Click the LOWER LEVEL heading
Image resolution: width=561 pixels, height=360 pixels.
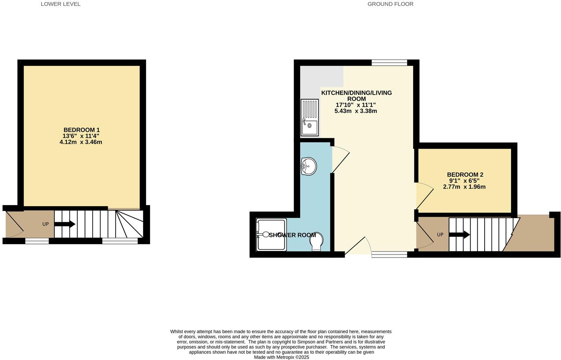coord(60,4)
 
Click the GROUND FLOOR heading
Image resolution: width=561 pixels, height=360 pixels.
coord(390,4)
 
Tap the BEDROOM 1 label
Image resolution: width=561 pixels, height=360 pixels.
coord(81,130)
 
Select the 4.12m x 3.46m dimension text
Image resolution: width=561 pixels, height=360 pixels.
coord(81,142)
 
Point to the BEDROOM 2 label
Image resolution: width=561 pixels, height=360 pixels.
coord(465,174)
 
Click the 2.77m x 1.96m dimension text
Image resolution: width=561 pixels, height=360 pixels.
coord(464,187)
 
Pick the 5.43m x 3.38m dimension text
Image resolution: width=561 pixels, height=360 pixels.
coord(356,111)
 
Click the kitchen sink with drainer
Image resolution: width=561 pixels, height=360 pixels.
coord(309,118)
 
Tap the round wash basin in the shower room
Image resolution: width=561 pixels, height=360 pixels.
coord(309,166)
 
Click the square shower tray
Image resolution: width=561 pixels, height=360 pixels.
coord(271,235)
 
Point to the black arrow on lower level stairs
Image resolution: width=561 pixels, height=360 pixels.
coord(65,224)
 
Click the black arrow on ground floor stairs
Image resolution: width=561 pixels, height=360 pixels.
coord(459,235)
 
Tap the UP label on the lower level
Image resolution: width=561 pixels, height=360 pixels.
coord(45,224)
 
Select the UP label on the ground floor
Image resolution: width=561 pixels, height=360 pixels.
coord(440,234)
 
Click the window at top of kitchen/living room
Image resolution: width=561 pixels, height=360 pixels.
coord(389,63)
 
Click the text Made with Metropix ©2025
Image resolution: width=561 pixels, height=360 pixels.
coord(281,357)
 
